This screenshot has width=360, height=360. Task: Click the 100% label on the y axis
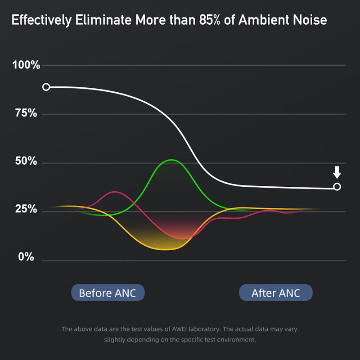pos(27,66)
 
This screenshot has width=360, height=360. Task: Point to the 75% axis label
pos(27,113)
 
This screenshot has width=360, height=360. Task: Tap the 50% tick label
pos(27,162)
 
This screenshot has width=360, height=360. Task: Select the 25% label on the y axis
pos(27,209)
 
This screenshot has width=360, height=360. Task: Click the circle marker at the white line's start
pos(46,87)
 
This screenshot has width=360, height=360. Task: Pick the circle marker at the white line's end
pos(337,187)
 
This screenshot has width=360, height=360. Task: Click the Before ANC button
pos(108,293)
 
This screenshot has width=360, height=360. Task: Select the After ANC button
pos(275,293)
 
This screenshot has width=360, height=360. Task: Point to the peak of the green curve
pos(171,160)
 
